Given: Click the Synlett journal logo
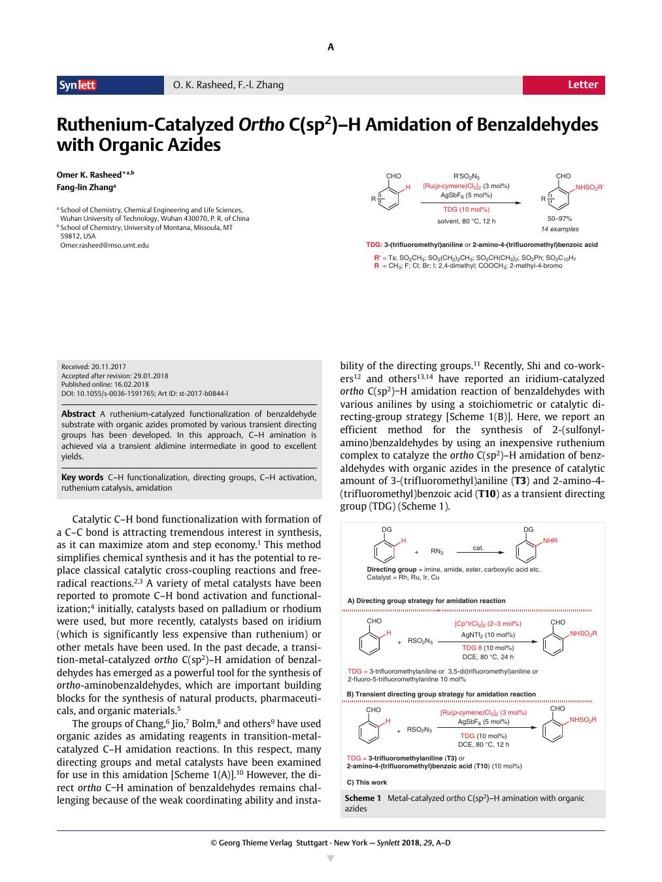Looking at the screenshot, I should [78, 85].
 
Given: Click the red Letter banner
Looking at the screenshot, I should [563, 85].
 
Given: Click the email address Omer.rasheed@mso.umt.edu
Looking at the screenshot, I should [105, 245].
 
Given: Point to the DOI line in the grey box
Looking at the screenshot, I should [144, 394].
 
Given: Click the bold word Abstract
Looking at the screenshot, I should [78, 414].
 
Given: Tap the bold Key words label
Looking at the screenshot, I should [82, 477].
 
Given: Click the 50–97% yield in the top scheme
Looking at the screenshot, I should [559, 219].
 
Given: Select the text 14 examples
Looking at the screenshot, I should [559, 229].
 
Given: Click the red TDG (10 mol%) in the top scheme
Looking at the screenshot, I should [466, 209].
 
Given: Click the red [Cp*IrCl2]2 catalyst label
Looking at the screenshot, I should [488, 624].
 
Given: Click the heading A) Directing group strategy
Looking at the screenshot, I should [426, 600].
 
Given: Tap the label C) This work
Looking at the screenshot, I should [367, 782].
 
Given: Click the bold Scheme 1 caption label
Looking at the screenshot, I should [363, 798].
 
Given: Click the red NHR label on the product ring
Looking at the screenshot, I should [550, 541].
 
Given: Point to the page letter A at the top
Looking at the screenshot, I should [331, 47].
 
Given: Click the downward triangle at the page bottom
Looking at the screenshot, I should [331, 858].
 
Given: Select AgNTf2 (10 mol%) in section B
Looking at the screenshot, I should [488, 634].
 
